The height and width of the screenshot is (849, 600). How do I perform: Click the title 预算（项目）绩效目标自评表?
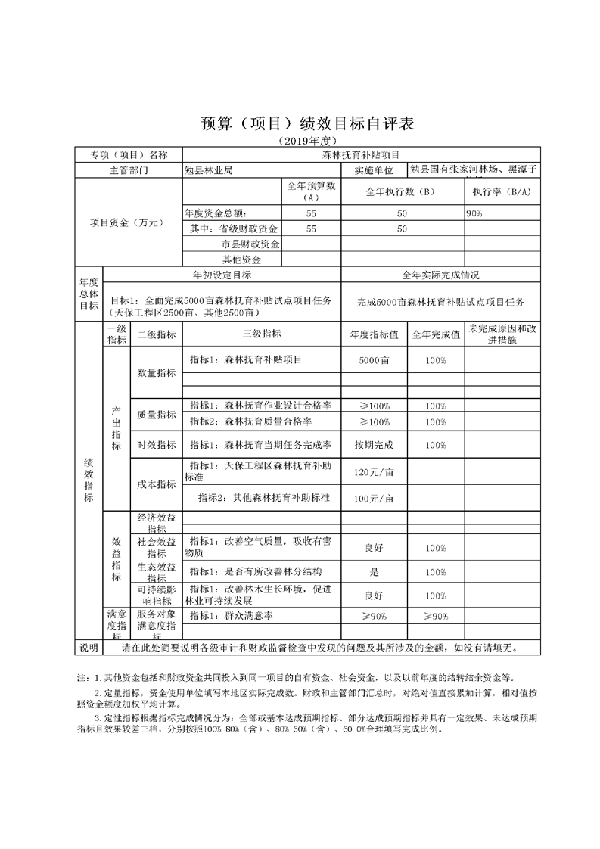click(x=300, y=124)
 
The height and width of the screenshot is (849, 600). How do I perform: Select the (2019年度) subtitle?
click(x=300, y=141)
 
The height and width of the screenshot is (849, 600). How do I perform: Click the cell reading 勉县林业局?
click(x=209, y=170)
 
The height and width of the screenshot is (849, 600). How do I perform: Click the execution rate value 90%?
click(x=475, y=214)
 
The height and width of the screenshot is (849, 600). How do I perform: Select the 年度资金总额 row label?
click(x=215, y=214)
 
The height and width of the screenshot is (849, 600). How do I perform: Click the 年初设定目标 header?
click(x=222, y=275)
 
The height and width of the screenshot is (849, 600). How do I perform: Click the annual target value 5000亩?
click(x=375, y=360)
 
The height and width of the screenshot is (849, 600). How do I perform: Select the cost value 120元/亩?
click(x=375, y=473)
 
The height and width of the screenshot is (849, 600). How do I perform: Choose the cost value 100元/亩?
click(x=375, y=499)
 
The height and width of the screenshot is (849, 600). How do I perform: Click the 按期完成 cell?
click(x=375, y=445)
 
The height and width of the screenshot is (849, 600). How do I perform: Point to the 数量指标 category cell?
click(x=157, y=373)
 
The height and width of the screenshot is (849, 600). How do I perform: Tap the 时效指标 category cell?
click(x=157, y=445)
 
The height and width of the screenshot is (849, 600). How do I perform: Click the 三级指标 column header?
click(x=261, y=334)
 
